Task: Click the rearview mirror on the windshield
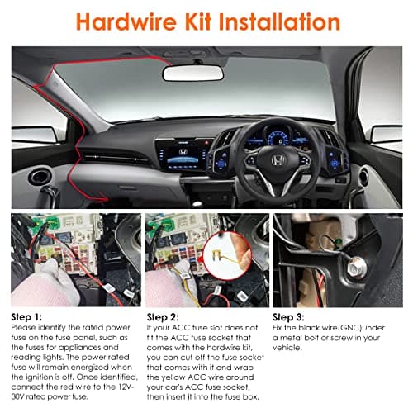192,73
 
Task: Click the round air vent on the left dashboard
40,176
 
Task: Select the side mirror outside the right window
386,133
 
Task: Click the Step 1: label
30,316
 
